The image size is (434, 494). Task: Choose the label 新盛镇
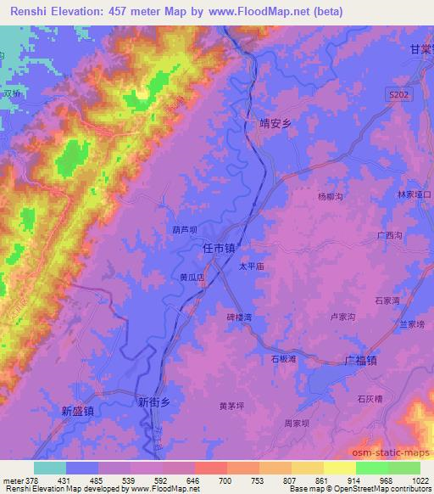coord(78,410)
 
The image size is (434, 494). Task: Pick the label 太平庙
coord(252,266)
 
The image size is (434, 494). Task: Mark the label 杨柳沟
coord(330,196)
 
